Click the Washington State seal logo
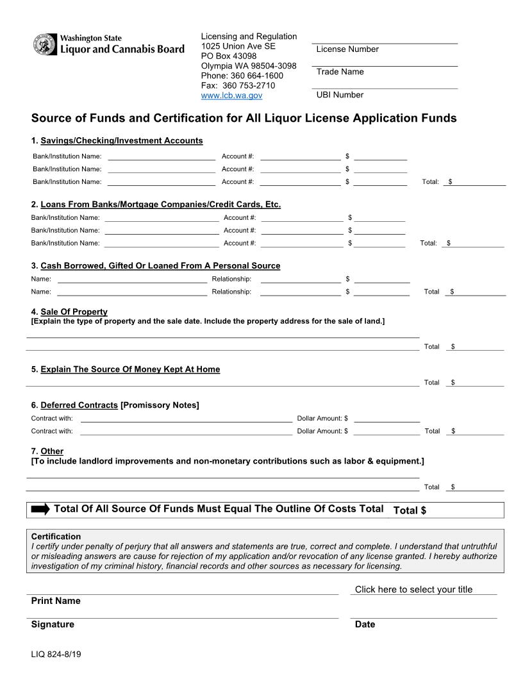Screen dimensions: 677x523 (x=44, y=44)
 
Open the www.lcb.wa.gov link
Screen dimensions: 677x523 (x=231, y=95)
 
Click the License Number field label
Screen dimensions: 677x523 (x=347, y=49)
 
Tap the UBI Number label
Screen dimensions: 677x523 (x=340, y=95)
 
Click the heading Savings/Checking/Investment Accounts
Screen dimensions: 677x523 (x=121, y=140)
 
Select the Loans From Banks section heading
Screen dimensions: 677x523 (x=160, y=205)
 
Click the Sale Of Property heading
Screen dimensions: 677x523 (x=74, y=312)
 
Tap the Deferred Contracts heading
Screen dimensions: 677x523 (x=79, y=405)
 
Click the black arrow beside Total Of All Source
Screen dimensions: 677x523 (x=40, y=509)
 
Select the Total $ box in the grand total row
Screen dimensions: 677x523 (x=445, y=510)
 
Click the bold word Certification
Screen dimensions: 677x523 (x=56, y=536)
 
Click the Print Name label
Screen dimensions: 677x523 (x=56, y=601)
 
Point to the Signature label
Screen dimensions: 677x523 (x=53, y=624)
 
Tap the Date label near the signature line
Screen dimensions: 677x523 (x=365, y=624)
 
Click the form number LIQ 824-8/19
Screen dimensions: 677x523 (x=56, y=655)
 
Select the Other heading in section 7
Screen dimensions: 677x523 (x=52, y=451)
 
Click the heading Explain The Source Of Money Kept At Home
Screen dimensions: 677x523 (x=129, y=369)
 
